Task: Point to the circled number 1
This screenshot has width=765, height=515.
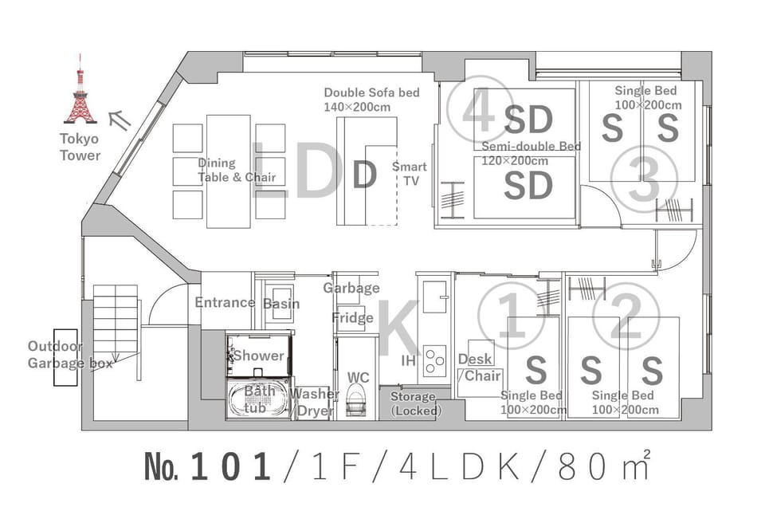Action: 511,316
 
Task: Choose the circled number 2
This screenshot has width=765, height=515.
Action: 626,316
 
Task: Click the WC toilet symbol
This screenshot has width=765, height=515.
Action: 355,399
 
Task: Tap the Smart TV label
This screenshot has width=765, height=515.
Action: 410,174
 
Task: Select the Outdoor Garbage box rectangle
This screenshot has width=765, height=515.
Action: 65,358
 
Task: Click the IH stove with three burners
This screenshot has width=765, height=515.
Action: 434,361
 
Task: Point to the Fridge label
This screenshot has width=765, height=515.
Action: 352,318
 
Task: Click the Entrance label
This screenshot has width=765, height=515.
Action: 225,303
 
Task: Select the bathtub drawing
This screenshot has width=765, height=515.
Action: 259,399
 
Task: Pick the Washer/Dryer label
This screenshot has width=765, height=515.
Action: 313,403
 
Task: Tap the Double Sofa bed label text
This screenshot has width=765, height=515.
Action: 371,100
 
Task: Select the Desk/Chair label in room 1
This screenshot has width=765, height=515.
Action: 479,368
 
